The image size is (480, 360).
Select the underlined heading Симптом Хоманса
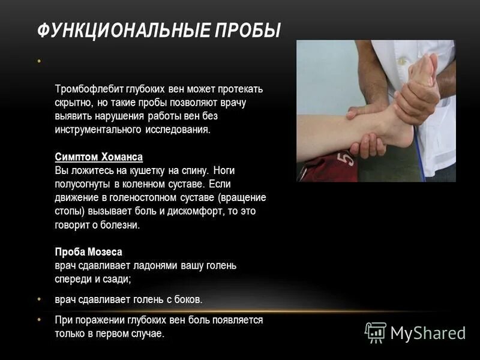pos(98,157)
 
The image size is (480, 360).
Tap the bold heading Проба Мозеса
pos(88,252)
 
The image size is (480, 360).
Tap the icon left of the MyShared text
pos(376,332)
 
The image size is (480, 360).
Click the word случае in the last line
pos(147,334)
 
